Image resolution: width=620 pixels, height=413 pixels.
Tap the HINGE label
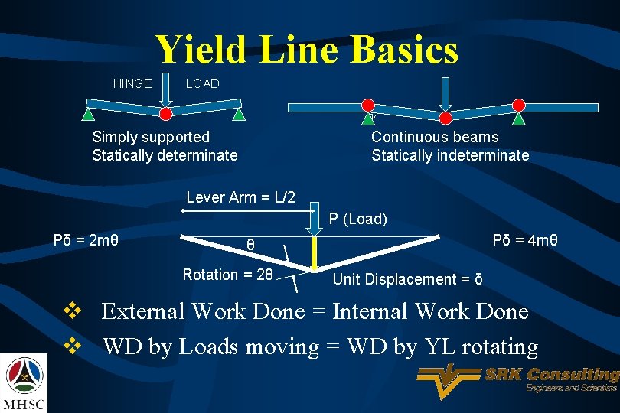132,83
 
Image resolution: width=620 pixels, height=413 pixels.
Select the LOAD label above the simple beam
202,83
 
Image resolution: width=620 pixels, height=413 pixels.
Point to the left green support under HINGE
89,115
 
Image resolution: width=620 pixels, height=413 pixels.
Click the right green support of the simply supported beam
240,115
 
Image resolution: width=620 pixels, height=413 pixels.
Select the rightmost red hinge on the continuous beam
519,105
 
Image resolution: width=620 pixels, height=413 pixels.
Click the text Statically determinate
165,155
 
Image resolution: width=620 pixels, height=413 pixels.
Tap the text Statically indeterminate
450,155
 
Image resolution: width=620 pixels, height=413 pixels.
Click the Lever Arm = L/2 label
240,197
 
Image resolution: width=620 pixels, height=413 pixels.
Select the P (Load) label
358,219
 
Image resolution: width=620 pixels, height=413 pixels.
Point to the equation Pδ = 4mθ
525,241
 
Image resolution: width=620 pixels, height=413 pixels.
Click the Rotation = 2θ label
227,275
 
